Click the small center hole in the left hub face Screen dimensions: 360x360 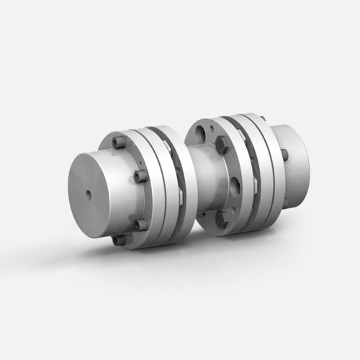(x=88, y=192)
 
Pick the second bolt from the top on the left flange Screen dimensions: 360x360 (x=138, y=176)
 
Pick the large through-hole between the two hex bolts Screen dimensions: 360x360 (x=237, y=180)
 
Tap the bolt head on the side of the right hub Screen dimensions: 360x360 (x=285, y=154)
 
